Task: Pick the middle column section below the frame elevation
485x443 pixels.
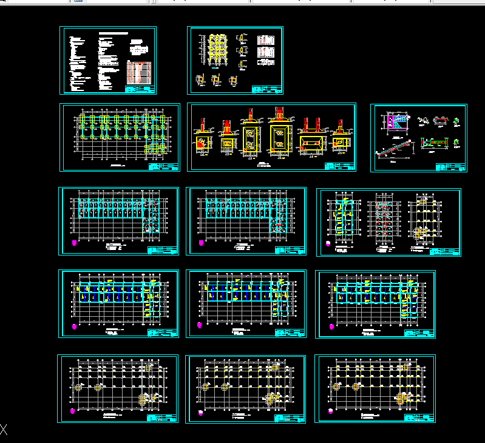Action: (x=216, y=79)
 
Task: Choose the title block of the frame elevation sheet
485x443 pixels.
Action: (x=267, y=90)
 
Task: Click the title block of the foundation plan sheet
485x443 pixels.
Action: (x=163, y=167)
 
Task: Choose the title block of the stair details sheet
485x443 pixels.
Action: (x=451, y=167)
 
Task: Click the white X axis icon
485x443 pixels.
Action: (x=4, y=430)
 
